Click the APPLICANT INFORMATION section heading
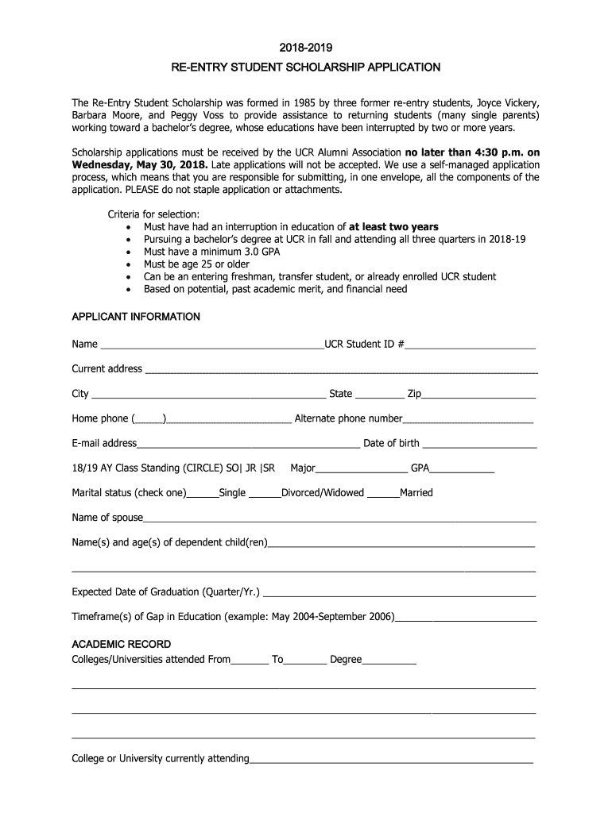point(136,317)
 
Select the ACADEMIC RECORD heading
point(122,644)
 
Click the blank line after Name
point(211,346)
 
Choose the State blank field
point(380,395)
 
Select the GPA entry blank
point(464,469)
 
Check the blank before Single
point(203,494)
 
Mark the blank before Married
point(384,494)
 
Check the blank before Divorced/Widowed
point(265,494)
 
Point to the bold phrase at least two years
point(393,227)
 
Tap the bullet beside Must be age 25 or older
point(129,264)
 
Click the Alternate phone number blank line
point(468,420)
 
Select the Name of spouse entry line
point(339,518)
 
